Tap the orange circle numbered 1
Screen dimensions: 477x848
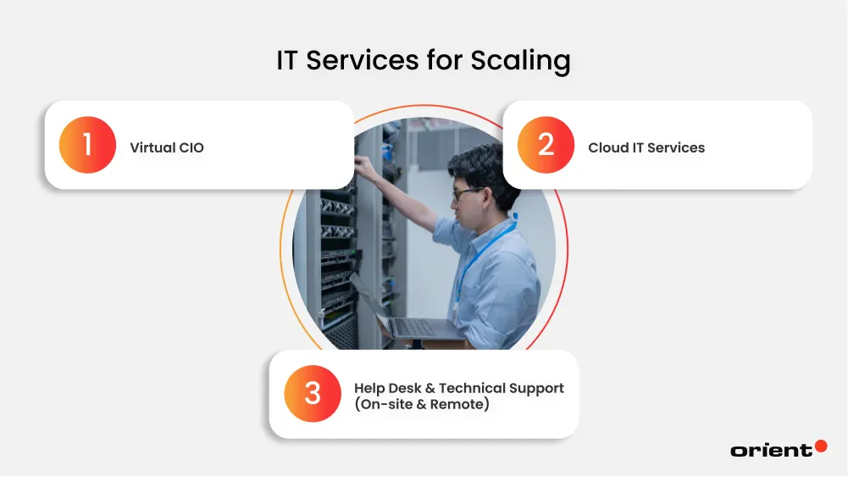(x=87, y=145)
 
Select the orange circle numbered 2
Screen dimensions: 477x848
(x=546, y=145)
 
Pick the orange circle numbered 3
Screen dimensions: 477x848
(x=313, y=394)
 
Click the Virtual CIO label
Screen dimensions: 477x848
(x=167, y=147)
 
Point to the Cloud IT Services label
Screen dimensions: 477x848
(x=646, y=147)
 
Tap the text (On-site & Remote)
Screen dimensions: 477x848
(x=422, y=405)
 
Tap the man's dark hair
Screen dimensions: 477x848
(x=487, y=169)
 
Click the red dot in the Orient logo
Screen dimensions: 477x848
(x=820, y=446)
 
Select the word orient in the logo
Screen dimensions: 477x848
(x=771, y=451)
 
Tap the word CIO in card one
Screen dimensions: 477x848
(x=191, y=147)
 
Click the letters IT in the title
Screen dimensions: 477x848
(x=291, y=61)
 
